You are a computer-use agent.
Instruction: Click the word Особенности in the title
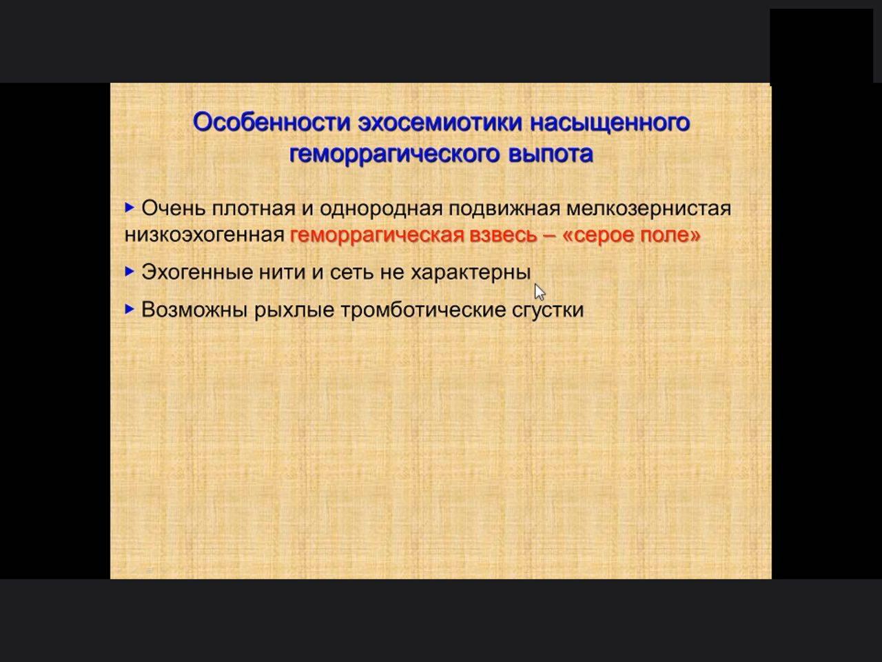click(x=272, y=122)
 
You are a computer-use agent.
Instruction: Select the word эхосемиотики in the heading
click(x=440, y=123)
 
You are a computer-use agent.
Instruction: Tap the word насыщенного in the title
click(x=610, y=123)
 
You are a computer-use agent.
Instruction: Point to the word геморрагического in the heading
click(x=395, y=154)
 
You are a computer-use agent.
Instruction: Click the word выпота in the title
click(x=551, y=154)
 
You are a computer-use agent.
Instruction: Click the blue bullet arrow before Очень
click(x=130, y=208)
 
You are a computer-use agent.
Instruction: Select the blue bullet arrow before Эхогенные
click(x=130, y=272)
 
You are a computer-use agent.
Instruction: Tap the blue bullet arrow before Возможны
click(x=130, y=309)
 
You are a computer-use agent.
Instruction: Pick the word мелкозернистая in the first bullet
click(x=648, y=209)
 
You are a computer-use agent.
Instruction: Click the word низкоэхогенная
click(x=205, y=234)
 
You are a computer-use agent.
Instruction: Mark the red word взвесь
click(x=503, y=235)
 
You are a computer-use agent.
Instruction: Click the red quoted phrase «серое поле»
click(x=632, y=235)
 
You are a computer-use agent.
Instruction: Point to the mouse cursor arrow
click(x=540, y=292)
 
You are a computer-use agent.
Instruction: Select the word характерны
click(x=471, y=273)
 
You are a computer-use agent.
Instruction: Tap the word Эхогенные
click(x=197, y=272)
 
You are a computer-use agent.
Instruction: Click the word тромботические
click(x=423, y=310)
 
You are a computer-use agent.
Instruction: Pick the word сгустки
click(x=548, y=310)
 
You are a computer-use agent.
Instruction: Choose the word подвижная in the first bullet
click(x=504, y=209)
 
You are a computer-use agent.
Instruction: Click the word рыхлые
click(x=294, y=310)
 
